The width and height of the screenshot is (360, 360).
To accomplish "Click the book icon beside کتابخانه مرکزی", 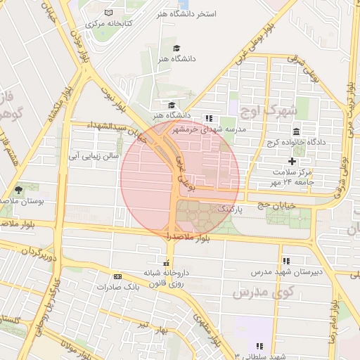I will (108, 13).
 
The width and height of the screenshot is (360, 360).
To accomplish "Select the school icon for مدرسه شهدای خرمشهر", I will (208, 118).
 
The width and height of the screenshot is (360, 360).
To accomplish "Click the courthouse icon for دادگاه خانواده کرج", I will (296, 131).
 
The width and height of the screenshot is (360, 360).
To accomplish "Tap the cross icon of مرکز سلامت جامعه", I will (292, 161).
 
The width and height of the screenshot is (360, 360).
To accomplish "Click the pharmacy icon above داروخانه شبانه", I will (166, 262).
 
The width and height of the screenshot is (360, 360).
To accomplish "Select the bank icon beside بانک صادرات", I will (117, 277).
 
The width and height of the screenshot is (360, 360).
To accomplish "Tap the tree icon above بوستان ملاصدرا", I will (18, 190).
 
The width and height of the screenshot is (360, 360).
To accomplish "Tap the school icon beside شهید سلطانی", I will (259, 346).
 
